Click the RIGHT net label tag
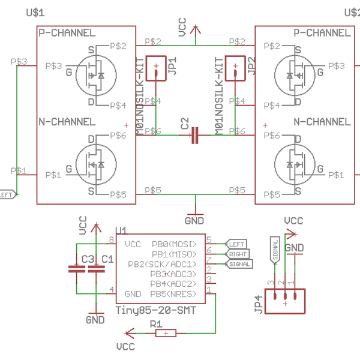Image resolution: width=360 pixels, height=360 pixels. click(238, 254)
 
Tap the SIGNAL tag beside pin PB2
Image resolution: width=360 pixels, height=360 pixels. click(239, 264)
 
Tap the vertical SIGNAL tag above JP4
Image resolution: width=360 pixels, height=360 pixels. click(275, 250)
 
